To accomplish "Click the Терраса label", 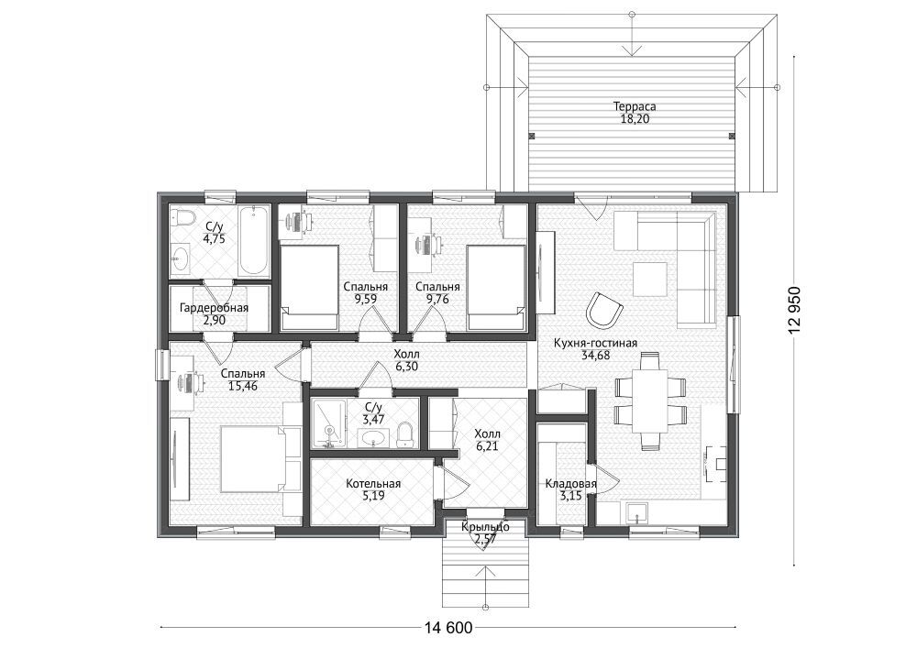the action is point(635,106).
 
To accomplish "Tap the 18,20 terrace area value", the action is point(635,119).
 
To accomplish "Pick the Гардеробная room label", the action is point(214,308).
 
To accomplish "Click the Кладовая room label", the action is point(570,484).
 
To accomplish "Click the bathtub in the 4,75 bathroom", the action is point(252,240).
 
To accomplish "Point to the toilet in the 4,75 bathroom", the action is point(182,220).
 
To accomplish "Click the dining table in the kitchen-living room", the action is point(650,401).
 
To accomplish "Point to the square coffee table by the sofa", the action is point(650,279).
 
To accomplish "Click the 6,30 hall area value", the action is point(406,366).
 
